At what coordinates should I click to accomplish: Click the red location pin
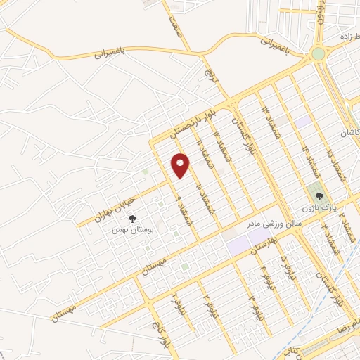[x=181, y=165]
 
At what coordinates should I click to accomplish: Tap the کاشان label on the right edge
[x=349, y=132]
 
